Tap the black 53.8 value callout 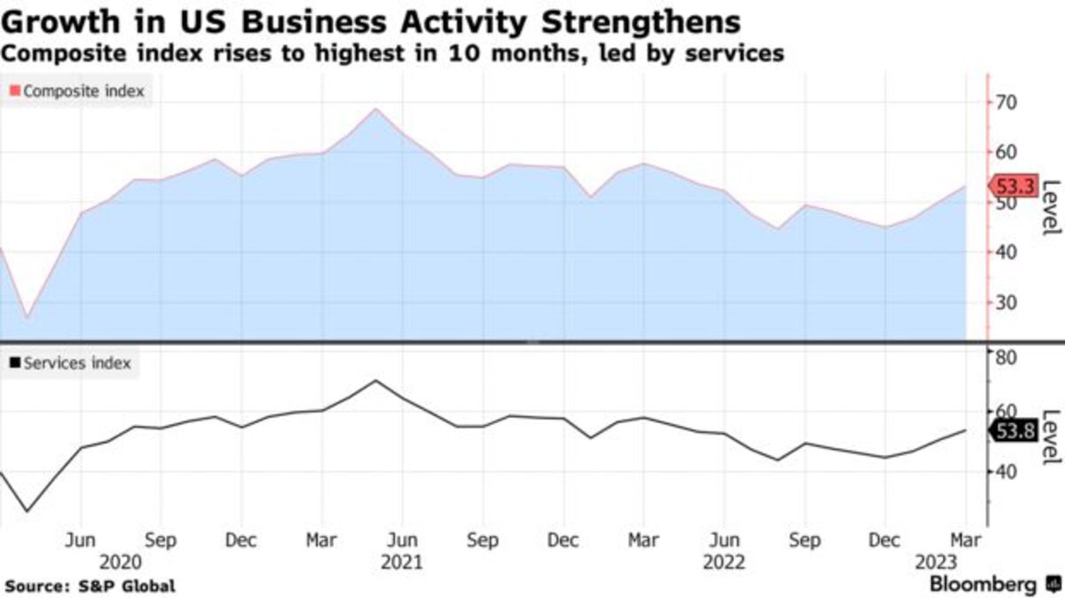pos(1014,432)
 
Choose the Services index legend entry pos(70,363)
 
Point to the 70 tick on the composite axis pos(1006,103)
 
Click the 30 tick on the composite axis pos(1006,303)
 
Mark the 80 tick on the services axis pos(1006,358)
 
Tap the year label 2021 pos(401,563)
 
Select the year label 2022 pos(723,563)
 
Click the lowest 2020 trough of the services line pos(27,511)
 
